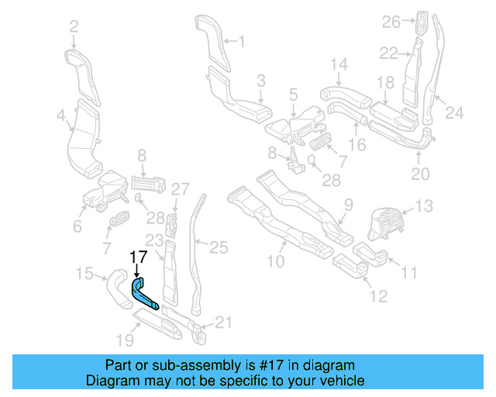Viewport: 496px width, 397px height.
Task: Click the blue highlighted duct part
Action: (x=144, y=293)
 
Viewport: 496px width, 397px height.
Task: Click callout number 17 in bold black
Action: (x=137, y=257)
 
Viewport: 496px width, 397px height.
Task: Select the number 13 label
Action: (x=425, y=206)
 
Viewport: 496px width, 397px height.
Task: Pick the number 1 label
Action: (x=240, y=40)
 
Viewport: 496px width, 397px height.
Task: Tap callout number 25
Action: (x=219, y=247)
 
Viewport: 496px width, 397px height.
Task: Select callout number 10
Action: (x=276, y=262)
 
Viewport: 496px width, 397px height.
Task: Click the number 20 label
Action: (x=419, y=174)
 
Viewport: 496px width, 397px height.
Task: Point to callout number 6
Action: (x=77, y=226)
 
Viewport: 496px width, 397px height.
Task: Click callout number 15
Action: (x=84, y=273)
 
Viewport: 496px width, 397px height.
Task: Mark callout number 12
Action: (x=377, y=295)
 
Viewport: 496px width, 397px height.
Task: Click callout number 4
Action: (x=61, y=116)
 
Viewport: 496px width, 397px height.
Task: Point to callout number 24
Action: (x=454, y=113)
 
